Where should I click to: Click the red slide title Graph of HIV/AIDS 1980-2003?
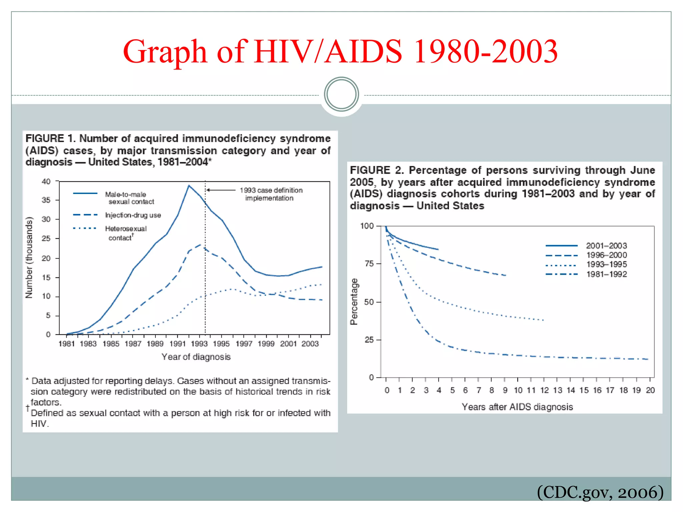tap(340, 52)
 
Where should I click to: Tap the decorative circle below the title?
tap(341, 94)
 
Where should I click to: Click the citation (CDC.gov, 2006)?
tap(600, 492)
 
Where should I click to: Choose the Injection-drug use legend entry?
tap(133, 215)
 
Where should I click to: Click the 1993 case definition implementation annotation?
tap(270, 194)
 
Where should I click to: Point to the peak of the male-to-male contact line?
tap(189, 186)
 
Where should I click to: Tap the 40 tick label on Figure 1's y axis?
tap(46, 182)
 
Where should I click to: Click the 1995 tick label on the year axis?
tap(221, 344)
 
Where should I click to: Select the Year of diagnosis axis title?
tap(196, 357)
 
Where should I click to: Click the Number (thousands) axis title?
tap(29, 257)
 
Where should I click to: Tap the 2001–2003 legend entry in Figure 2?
tap(606, 246)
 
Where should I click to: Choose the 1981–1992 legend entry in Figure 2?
tap(606, 274)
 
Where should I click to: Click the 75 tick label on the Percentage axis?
tap(369, 264)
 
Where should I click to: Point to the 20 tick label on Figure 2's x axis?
tap(650, 390)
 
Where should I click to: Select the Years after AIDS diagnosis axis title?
tap(517, 407)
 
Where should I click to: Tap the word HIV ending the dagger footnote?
tap(39, 424)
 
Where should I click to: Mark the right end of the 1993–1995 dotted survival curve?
tap(543, 320)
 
